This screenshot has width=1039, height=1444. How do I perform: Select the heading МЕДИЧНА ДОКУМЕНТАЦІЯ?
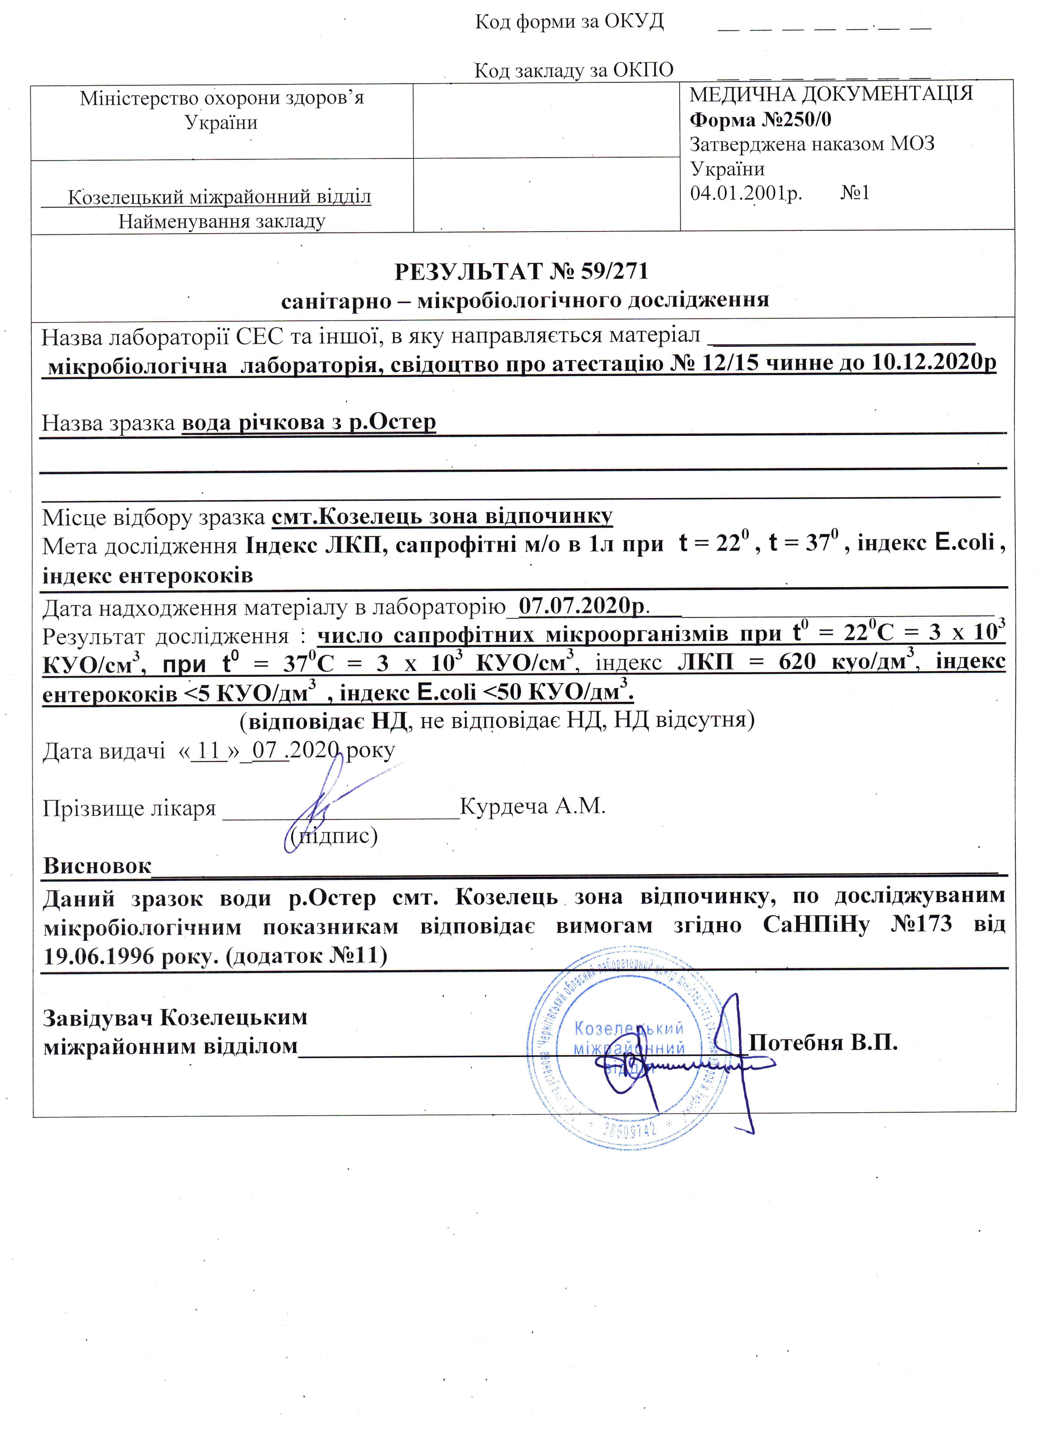click(831, 94)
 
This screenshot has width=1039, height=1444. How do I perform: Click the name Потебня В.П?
click(823, 1042)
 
